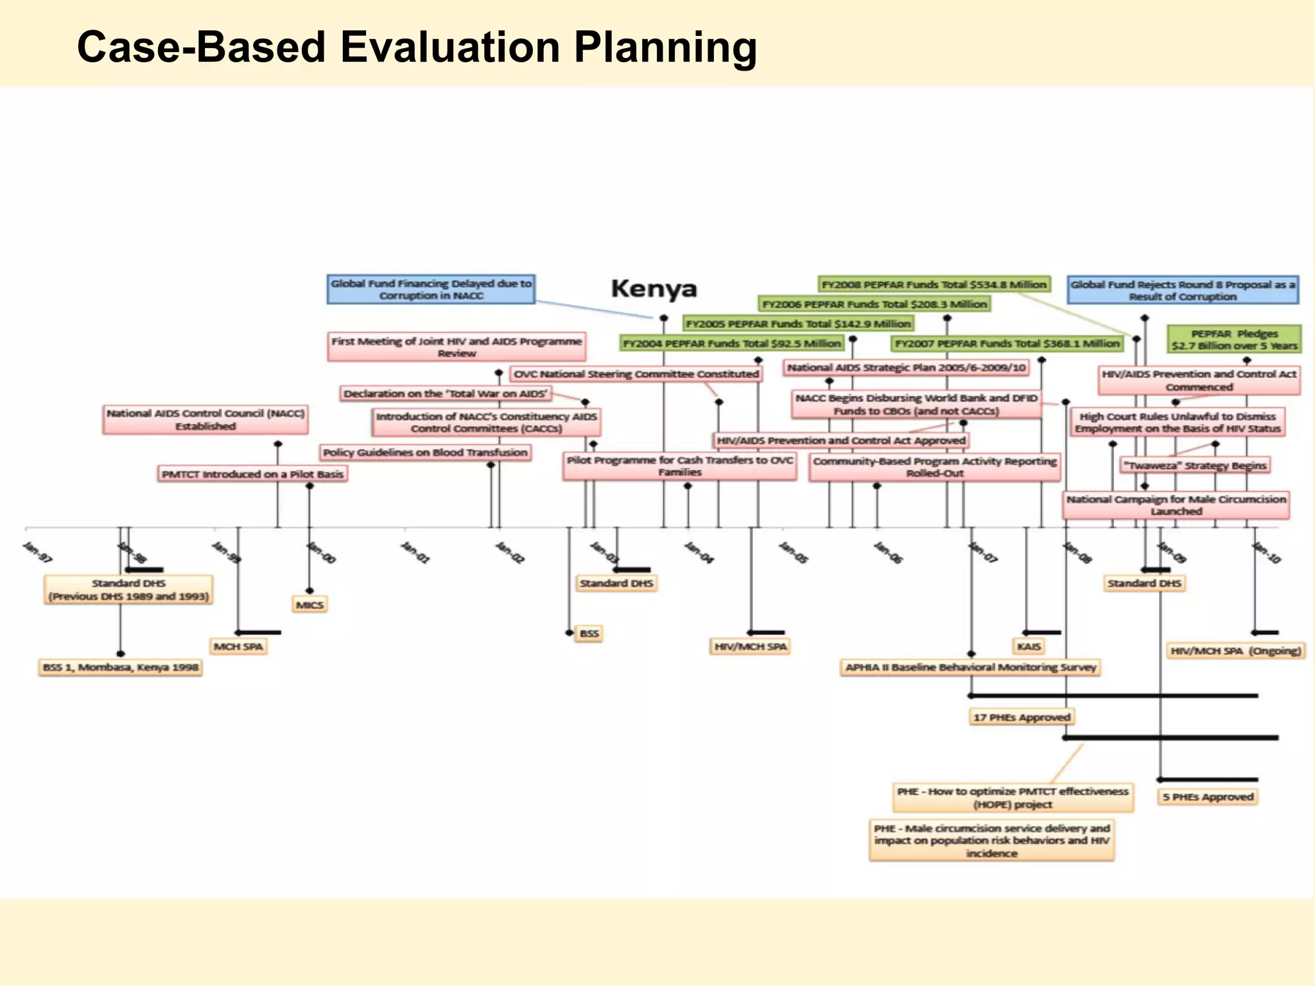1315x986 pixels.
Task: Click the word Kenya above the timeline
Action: pos(654,289)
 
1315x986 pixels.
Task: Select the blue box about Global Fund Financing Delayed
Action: pos(431,290)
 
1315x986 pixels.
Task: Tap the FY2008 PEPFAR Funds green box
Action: pos(934,284)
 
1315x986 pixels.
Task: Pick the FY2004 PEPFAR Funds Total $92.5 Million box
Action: pos(731,343)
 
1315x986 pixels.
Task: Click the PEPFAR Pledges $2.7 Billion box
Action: pos(1234,340)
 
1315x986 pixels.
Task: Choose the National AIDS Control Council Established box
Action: pos(205,419)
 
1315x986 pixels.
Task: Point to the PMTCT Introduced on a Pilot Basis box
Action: pos(252,474)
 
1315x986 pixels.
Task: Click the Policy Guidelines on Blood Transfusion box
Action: pos(425,453)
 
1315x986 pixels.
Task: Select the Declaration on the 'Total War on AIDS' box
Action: pos(446,394)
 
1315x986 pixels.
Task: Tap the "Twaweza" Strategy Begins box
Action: pos(1195,465)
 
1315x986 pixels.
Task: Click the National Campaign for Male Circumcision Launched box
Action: pos(1176,505)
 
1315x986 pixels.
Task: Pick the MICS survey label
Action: pos(309,605)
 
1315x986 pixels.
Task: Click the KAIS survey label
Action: pos(1029,646)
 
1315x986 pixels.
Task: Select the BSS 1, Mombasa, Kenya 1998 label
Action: pos(121,668)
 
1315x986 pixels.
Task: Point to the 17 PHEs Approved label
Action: pos(1022,717)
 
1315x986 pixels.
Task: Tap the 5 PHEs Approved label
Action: pos(1208,797)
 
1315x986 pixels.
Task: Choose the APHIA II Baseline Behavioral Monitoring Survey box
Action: pos(971,668)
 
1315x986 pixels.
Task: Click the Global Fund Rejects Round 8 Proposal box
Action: pos(1183,290)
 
